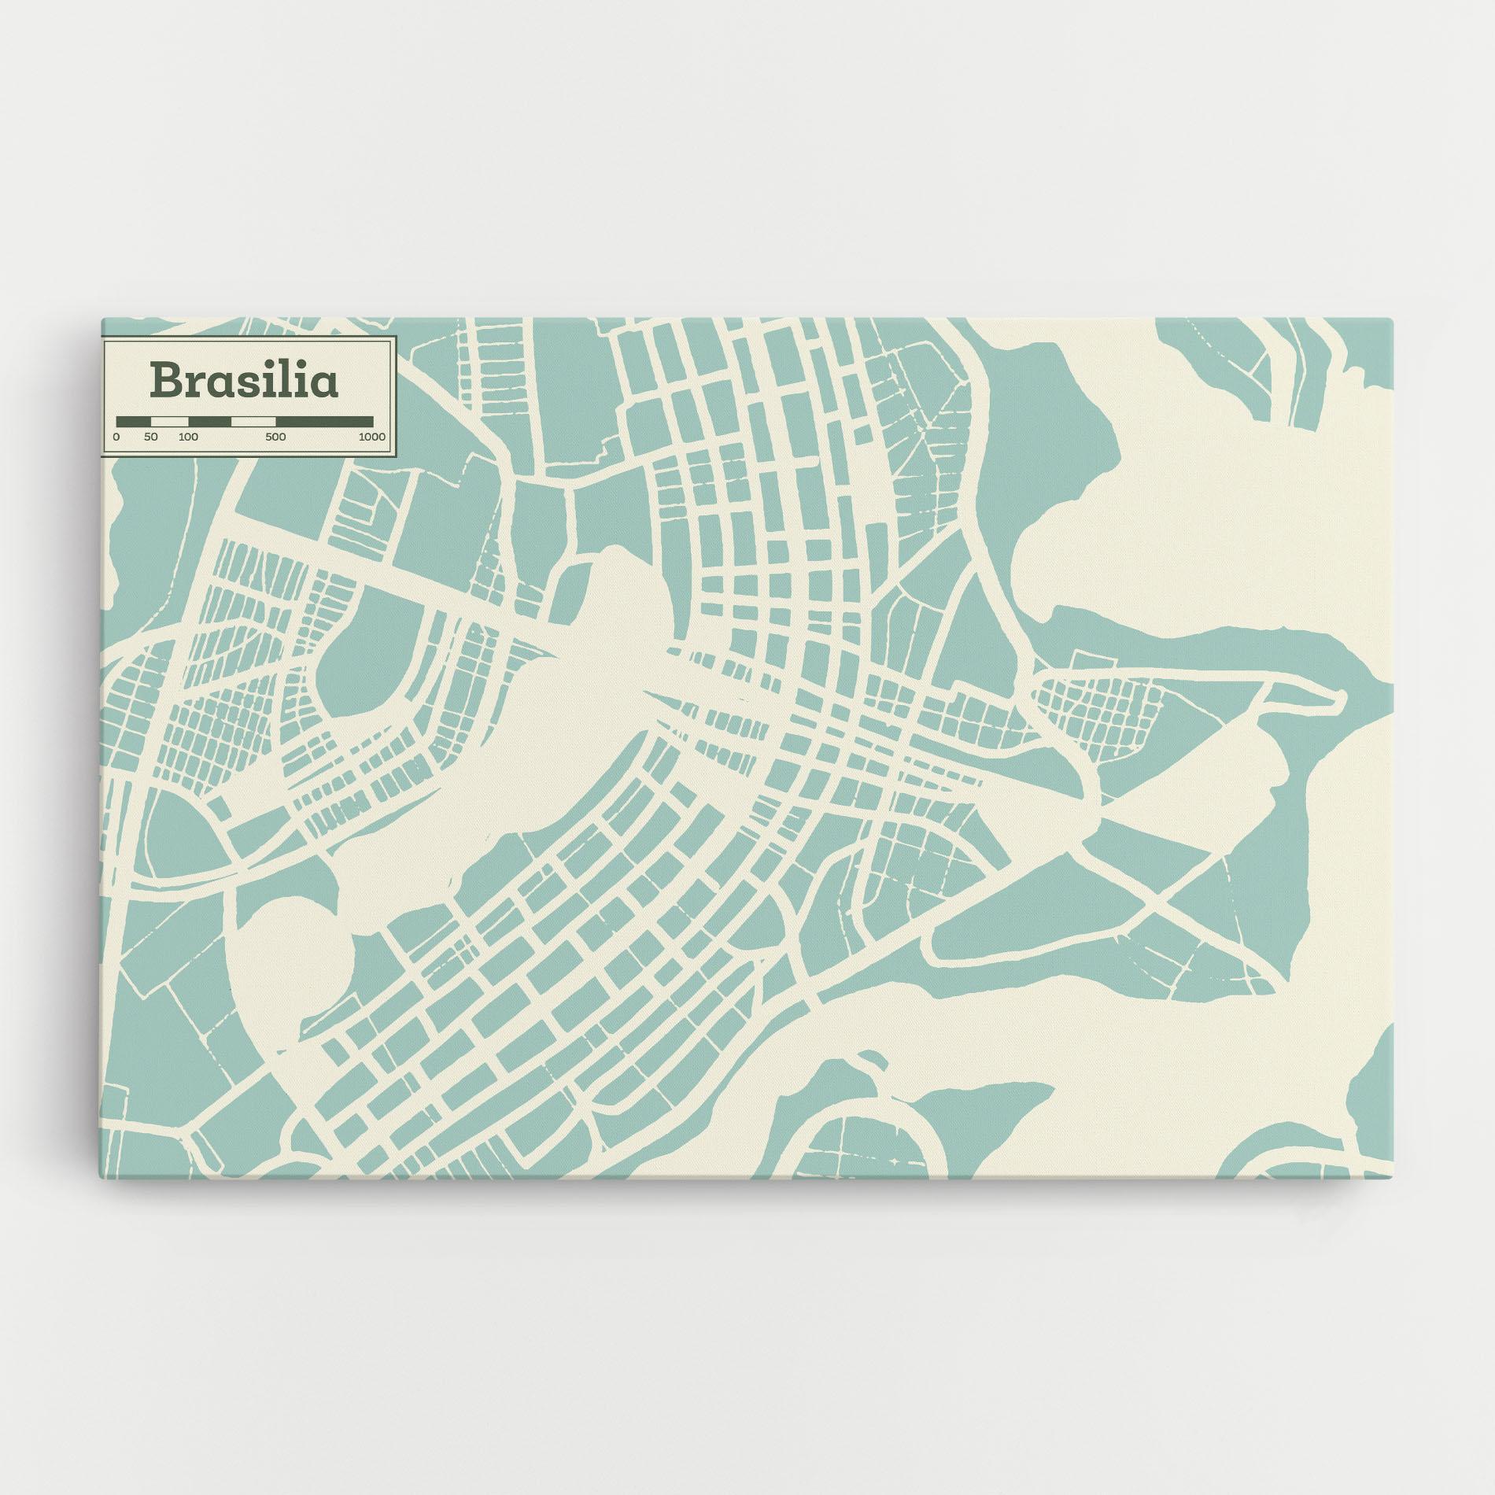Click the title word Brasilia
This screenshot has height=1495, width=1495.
pos(245,379)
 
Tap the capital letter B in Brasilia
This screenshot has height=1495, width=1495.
pos(167,379)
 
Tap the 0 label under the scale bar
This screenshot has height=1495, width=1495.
pos(116,437)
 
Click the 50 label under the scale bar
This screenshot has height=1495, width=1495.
pos(151,437)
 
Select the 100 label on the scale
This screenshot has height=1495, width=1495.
pos(188,437)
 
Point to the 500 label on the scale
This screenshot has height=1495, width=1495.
pos(275,437)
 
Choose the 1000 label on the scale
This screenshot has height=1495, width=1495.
pos(371,437)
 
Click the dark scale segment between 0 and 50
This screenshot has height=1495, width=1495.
pos(133,421)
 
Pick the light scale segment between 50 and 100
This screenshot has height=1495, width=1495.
pos(169,421)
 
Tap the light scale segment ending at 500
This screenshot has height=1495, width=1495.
pos(253,421)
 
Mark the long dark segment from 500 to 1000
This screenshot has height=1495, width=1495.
pos(324,421)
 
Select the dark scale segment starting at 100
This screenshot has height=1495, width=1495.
pos(209,421)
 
